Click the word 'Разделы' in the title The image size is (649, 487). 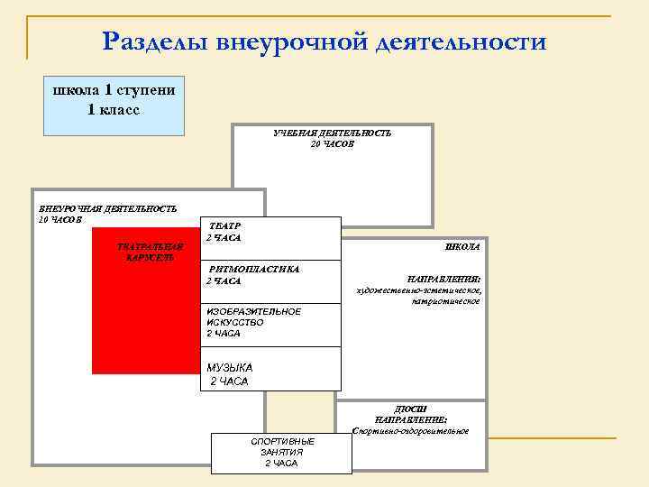point(154,41)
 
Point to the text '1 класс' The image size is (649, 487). point(114,110)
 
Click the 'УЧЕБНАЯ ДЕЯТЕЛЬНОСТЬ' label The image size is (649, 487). point(333,133)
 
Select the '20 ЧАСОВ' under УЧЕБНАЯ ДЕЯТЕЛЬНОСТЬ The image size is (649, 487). point(333,144)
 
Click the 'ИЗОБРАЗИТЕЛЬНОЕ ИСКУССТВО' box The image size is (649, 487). point(270,323)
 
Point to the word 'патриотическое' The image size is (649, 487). point(446,302)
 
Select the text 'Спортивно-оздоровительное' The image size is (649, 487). point(410,431)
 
